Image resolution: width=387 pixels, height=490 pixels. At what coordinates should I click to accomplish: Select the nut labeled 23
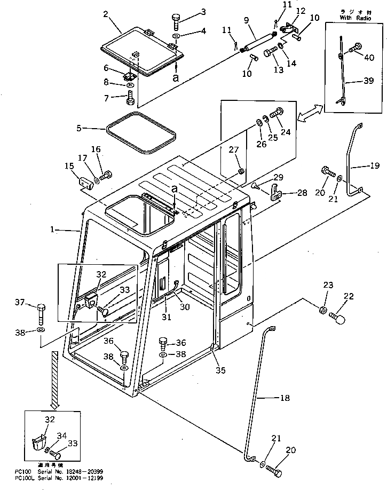323,309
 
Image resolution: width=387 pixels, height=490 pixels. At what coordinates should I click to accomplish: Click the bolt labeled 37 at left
42,310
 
